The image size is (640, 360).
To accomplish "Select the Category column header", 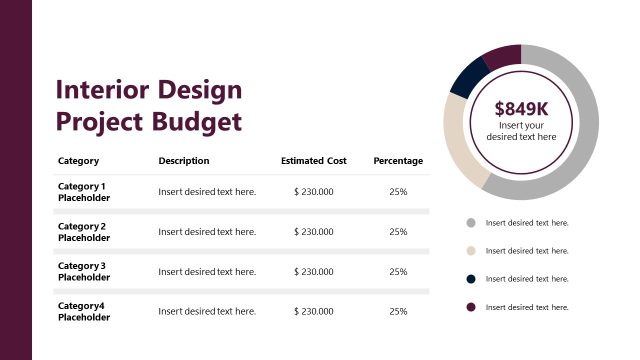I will [x=78, y=161].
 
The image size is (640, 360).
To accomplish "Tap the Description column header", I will [x=184, y=161].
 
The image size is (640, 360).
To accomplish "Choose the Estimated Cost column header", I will [x=314, y=161].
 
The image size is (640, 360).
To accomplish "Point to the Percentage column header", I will [x=398, y=161].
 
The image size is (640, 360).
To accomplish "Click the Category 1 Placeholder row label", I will [x=84, y=192].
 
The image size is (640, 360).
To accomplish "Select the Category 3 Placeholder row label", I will [x=84, y=272].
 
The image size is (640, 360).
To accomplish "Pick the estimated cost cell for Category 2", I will [x=314, y=232].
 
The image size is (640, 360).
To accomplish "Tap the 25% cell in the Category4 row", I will [x=398, y=312].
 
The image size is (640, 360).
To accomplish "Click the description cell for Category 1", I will [x=207, y=192].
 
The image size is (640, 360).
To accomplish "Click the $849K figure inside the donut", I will [x=521, y=109].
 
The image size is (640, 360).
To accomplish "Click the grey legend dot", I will [x=470, y=223].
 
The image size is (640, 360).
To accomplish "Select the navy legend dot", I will [x=470, y=279].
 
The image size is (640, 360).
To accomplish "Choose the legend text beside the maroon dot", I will [x=527, y=307].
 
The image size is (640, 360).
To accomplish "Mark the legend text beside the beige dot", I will [x=527, y=251].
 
